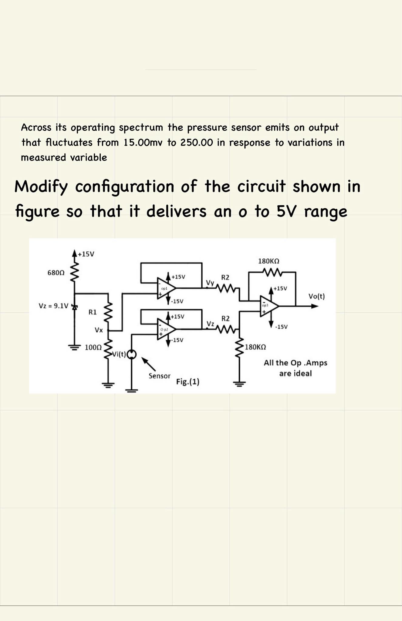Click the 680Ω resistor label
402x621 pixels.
(56, 273)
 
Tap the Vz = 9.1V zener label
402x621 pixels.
(54, 305)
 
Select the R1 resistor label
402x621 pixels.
(92, 312)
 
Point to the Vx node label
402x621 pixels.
(99, 330)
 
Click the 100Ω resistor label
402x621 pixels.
(93, 347)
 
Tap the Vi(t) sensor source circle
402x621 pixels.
(131, 354)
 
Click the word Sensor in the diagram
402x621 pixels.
(159, 376)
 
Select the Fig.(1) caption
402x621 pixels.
(188, 381)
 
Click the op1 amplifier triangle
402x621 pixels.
(165, 288)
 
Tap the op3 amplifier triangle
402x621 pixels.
(268, 306)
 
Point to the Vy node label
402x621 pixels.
(210, 283)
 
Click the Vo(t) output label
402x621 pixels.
(316, 296)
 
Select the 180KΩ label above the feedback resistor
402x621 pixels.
(269, 261)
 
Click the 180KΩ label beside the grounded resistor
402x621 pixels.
(255, 347)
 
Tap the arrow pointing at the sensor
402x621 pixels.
(149, 364)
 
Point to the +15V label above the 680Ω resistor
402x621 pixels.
(86, 254)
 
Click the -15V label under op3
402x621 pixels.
(281, 327)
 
